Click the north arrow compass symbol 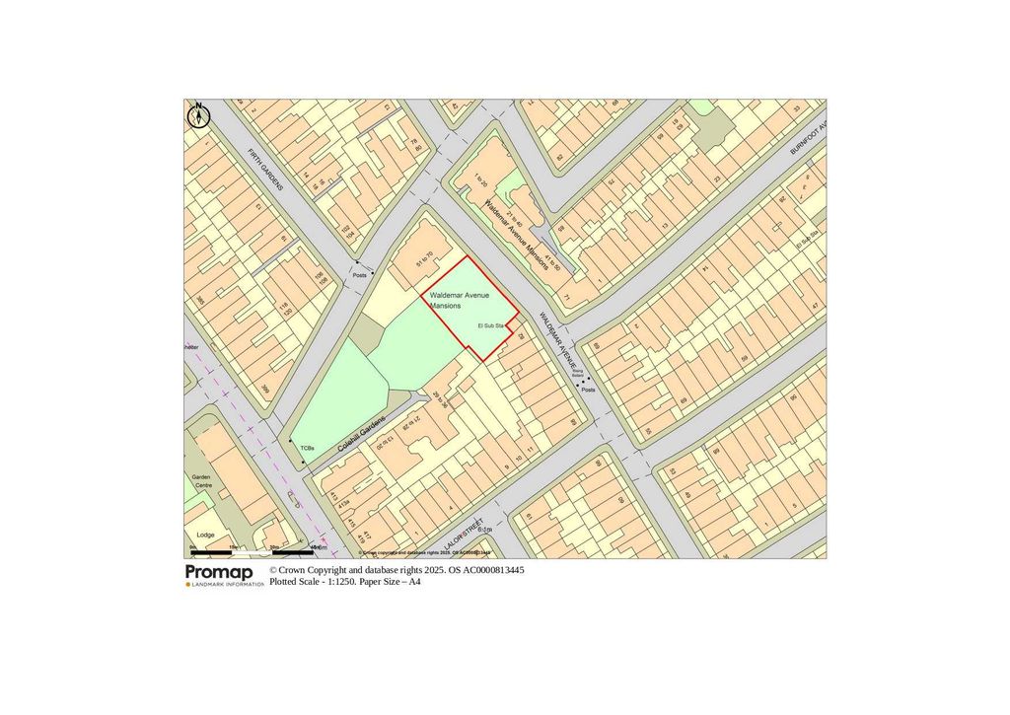point(198,114)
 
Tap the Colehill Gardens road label point(361,436)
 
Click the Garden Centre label point(201,481)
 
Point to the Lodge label point(205,535)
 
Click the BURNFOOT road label point(807,136)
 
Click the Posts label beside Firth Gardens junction point(360,276)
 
